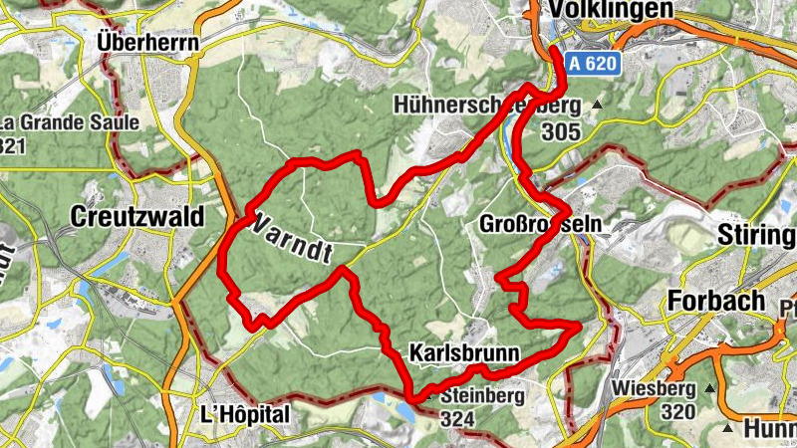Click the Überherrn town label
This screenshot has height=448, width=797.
pyautogui.click(x=148, y=42)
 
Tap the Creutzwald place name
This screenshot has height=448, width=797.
pyautogui.click(x=137, y=217)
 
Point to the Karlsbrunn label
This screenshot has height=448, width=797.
pyautogui.click(x=464, y=352)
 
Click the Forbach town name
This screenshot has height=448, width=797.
pyautogui.click(x=717, y=300)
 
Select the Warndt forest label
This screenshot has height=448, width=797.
pyautogui.click(x=293, y=236)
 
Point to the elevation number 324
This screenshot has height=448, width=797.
pyautogui.click(x=456, y=419)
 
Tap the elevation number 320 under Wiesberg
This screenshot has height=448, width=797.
pyautogui.click(x=676, y=411)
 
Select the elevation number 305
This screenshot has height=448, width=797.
pyautogui.click(x=562, y=129)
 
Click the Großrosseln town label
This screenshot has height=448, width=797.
pyautogui.click(x=541, y=223)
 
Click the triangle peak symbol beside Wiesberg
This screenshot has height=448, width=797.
pyautogui.click(x=709, y=387)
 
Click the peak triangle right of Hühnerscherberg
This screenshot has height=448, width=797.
pyautogui.click(x=597, y=105)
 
